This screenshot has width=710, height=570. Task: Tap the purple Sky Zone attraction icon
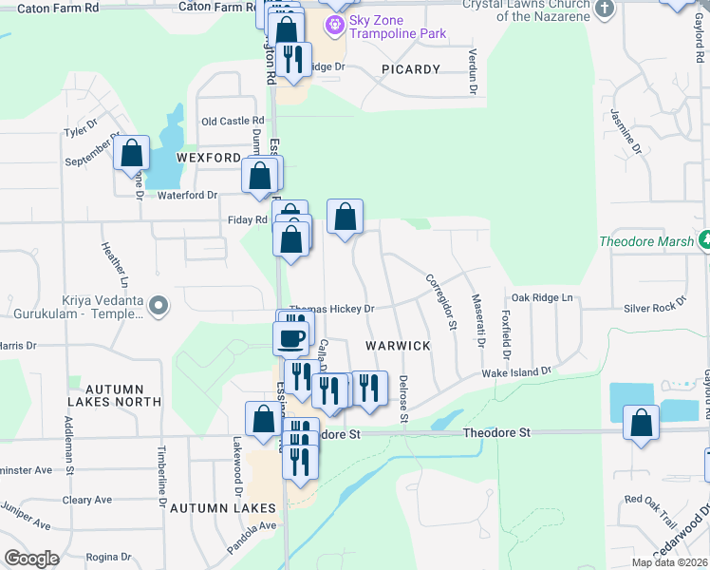point(334,24)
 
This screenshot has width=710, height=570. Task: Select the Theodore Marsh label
point(646,241)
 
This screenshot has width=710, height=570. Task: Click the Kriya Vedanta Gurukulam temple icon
point(159,306)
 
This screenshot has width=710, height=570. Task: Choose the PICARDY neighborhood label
point(411,69)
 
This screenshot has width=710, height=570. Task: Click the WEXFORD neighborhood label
point(208,157)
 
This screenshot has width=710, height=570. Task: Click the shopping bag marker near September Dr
point(132,154)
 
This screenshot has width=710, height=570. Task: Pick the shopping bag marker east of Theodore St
point(642,423)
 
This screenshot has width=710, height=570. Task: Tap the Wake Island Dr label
point(516,373)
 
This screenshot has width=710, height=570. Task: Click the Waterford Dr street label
point(187,195)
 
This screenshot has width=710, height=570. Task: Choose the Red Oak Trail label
point(649,499)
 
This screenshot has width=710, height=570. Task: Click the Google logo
point(32,559)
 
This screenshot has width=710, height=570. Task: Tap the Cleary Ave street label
point(90,500)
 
